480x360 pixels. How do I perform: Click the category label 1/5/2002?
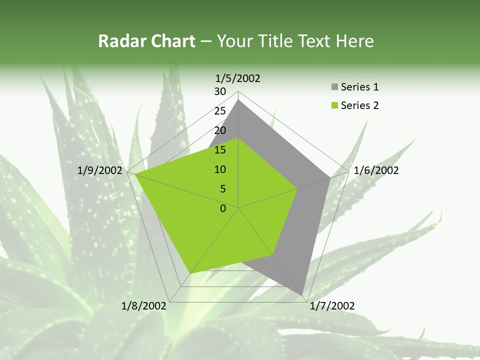pos(237,78)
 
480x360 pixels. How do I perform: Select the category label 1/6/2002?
pos(376,170)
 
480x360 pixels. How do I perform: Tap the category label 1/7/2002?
pos(332,306)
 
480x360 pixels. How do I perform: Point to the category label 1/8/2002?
pos(144,306)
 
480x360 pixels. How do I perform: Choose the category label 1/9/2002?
pos(100,170)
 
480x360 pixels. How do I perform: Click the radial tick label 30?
pos(220,91)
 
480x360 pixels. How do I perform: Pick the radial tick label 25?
pos(220,111)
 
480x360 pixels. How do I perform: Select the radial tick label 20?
pos(220,130)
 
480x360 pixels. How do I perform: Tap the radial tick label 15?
pos(220,150)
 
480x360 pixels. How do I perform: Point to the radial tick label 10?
pos(220,169)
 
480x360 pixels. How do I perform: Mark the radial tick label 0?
pos(223,208)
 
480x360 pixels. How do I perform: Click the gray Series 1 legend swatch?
pos(334,87)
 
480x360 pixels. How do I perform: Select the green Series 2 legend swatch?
pos(334,105)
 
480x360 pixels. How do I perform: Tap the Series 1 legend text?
pos(359,87)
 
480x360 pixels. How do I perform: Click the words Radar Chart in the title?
pos(146,41)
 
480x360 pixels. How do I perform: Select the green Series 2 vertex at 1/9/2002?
pos(135,174)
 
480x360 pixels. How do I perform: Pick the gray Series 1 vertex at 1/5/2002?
pos(238,100)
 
